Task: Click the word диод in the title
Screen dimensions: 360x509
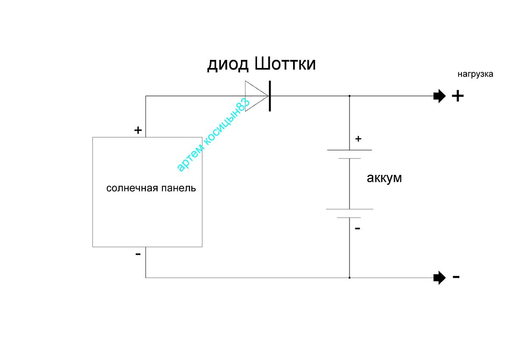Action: tap(228, 65)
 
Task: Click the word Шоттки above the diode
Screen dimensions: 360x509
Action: tap(285, 64)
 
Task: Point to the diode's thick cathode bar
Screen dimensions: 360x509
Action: tap(270, 96)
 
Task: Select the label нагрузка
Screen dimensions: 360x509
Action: tap(475, 74)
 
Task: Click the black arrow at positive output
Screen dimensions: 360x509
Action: tap(439, 96)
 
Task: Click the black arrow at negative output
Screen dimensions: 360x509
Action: tap(439, 278)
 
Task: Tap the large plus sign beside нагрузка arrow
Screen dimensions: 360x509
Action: tap(458, 96)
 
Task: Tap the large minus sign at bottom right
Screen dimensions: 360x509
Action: tap(456, 277)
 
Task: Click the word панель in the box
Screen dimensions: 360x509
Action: tap(179, 188)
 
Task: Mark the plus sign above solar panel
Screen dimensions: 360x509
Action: tap(138, 130)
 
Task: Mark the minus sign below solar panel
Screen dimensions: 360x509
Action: tap(138, 254)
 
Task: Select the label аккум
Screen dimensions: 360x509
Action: tap(384, 178)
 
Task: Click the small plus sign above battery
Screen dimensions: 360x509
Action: tap(358, 139)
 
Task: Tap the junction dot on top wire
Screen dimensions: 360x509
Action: tap(350, 96)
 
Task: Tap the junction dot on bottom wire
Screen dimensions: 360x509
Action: tap(350, 278)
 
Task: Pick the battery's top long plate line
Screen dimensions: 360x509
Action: tap(350, 150)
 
